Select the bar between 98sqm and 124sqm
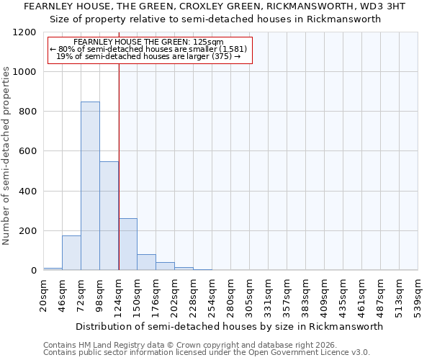(109, 216)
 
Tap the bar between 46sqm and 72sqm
(71, 253)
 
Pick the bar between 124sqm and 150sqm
(127, 244)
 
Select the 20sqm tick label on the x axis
(44, 295)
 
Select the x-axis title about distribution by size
(230, 326)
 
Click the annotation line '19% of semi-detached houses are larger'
(148, 56)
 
